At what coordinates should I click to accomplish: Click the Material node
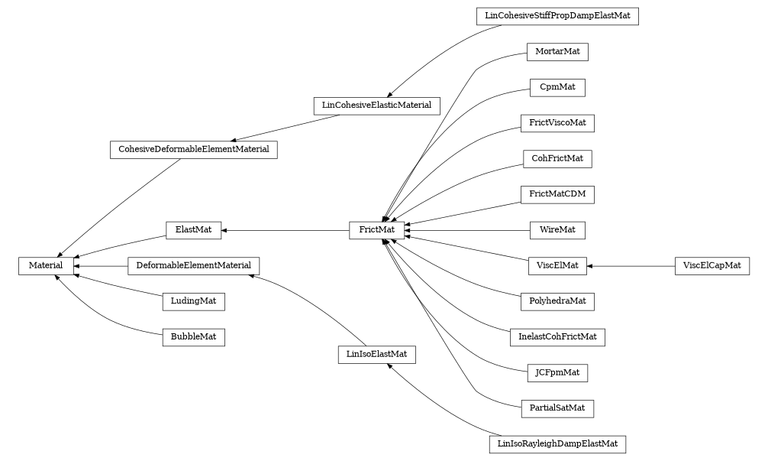[x=46, y=265]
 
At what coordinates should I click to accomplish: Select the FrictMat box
[x=376, y=229]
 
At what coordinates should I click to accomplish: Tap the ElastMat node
[x=193, y=229]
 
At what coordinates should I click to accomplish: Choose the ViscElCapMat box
[x=712, y=265]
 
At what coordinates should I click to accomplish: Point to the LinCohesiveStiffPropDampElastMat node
[x=557, y=16]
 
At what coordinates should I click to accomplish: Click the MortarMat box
[x=557, y=52]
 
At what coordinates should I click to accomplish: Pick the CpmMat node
[x=557, y=88]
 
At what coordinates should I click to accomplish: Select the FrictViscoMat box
[x=557, y=123]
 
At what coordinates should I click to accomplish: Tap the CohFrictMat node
[x=557, y=159]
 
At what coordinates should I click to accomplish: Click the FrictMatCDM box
[x=557, y=194]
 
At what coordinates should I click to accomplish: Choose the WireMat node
[x=557, y=229]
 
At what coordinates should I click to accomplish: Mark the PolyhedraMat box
[x=557, y=301]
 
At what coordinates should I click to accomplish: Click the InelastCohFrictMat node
[x=557, y=336]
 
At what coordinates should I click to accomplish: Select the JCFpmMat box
[x=557, y=372]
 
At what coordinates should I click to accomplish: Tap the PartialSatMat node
[x=557, y=408]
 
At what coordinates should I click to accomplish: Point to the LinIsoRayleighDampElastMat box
[x=557, y=443]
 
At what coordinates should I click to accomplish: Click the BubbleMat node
[x=193, y=336]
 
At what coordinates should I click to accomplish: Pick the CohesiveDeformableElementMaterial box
[x=193, y=149]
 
